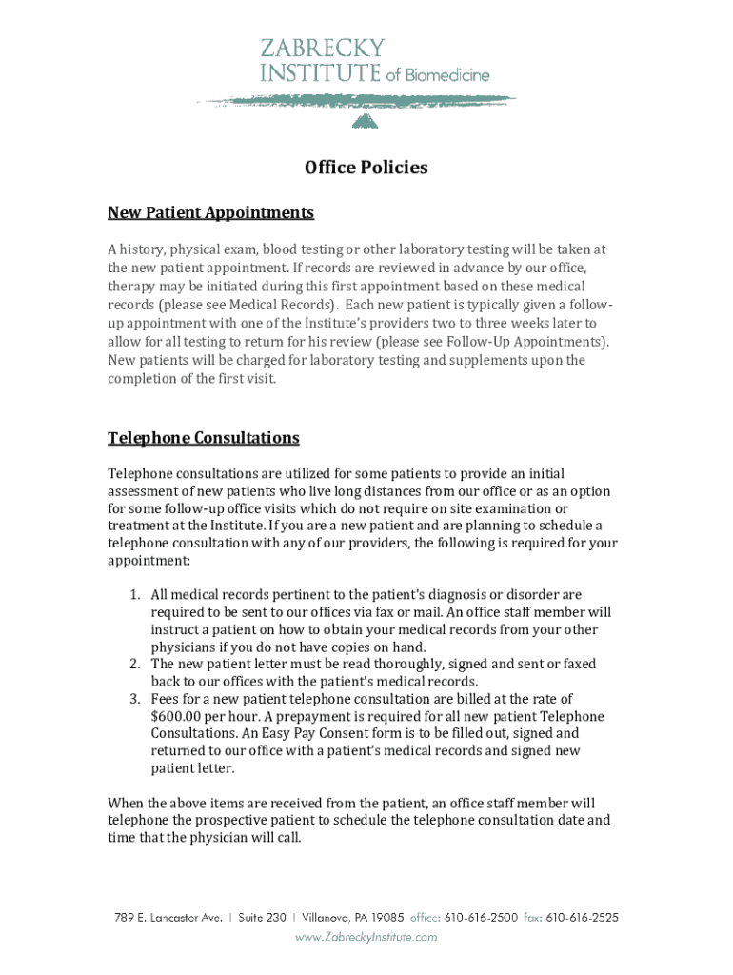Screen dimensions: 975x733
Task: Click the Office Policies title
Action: coord(366,169)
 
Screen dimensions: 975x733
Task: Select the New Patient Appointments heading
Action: coord(210,211)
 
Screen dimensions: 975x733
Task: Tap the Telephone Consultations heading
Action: coord(203,438)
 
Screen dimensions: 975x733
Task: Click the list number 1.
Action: coord(135,595)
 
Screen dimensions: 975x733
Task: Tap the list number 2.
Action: coord(135,664)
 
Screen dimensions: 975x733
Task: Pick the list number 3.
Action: coord(135,699)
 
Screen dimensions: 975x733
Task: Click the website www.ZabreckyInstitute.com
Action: coord(366,937)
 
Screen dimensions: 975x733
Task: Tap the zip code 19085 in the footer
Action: coord(387,918)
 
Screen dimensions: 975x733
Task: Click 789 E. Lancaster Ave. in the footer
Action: coord(168,918)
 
